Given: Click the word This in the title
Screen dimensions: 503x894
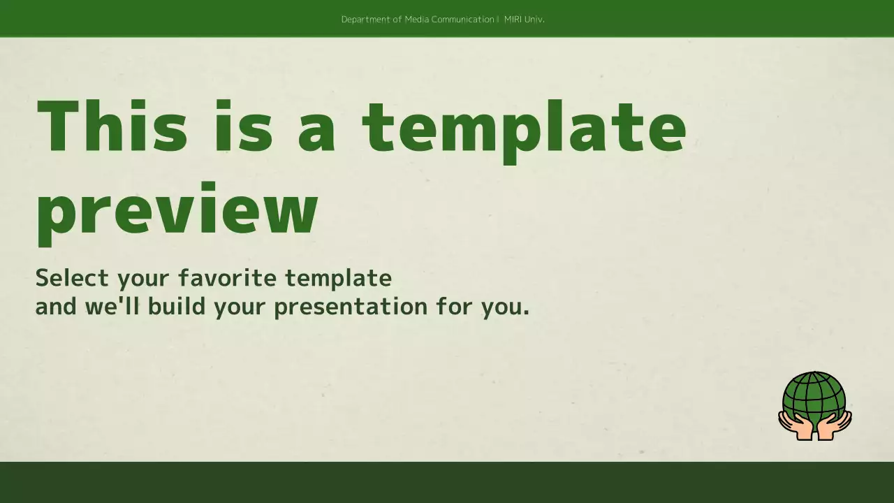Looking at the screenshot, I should [x=112, y=126].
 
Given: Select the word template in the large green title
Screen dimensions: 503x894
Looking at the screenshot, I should [x=524, y=129].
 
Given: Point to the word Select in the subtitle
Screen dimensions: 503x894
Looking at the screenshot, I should [x=72, y=278].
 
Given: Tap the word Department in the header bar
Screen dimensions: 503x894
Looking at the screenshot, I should [x=366, y=20].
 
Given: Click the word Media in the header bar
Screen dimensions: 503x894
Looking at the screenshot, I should [x=417, y=20].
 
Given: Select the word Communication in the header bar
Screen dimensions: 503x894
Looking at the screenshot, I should [x=463, y=20].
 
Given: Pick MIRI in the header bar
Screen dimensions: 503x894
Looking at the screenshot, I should [x=513, y=20].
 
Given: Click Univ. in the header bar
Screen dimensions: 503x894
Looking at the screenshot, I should [x=534, y=20].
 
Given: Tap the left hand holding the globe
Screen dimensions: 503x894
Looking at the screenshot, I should [x=794, y=425].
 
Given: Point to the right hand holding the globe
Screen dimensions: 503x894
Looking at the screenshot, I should [x=835, y=425].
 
